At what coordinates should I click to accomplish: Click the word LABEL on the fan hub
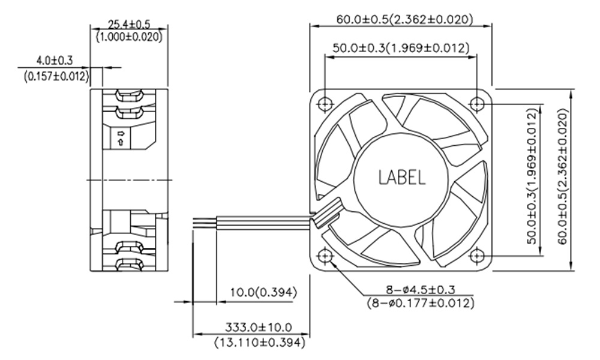coord(402,177)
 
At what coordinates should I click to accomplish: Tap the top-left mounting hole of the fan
coord(325,104)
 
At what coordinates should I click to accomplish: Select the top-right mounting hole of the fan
coord(476,104)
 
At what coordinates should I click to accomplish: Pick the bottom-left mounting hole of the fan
coord(325,256)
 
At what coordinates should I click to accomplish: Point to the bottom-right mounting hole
coord(476,256)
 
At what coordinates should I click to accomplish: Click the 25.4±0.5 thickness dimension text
coord(129,25)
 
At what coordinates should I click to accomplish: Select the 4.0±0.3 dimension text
coord(55,60)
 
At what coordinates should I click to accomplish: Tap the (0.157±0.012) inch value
coord(56,77)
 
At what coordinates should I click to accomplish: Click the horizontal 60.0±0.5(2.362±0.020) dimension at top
coord(404,19)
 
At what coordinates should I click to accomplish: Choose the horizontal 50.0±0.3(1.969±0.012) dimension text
coord(401,48)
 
